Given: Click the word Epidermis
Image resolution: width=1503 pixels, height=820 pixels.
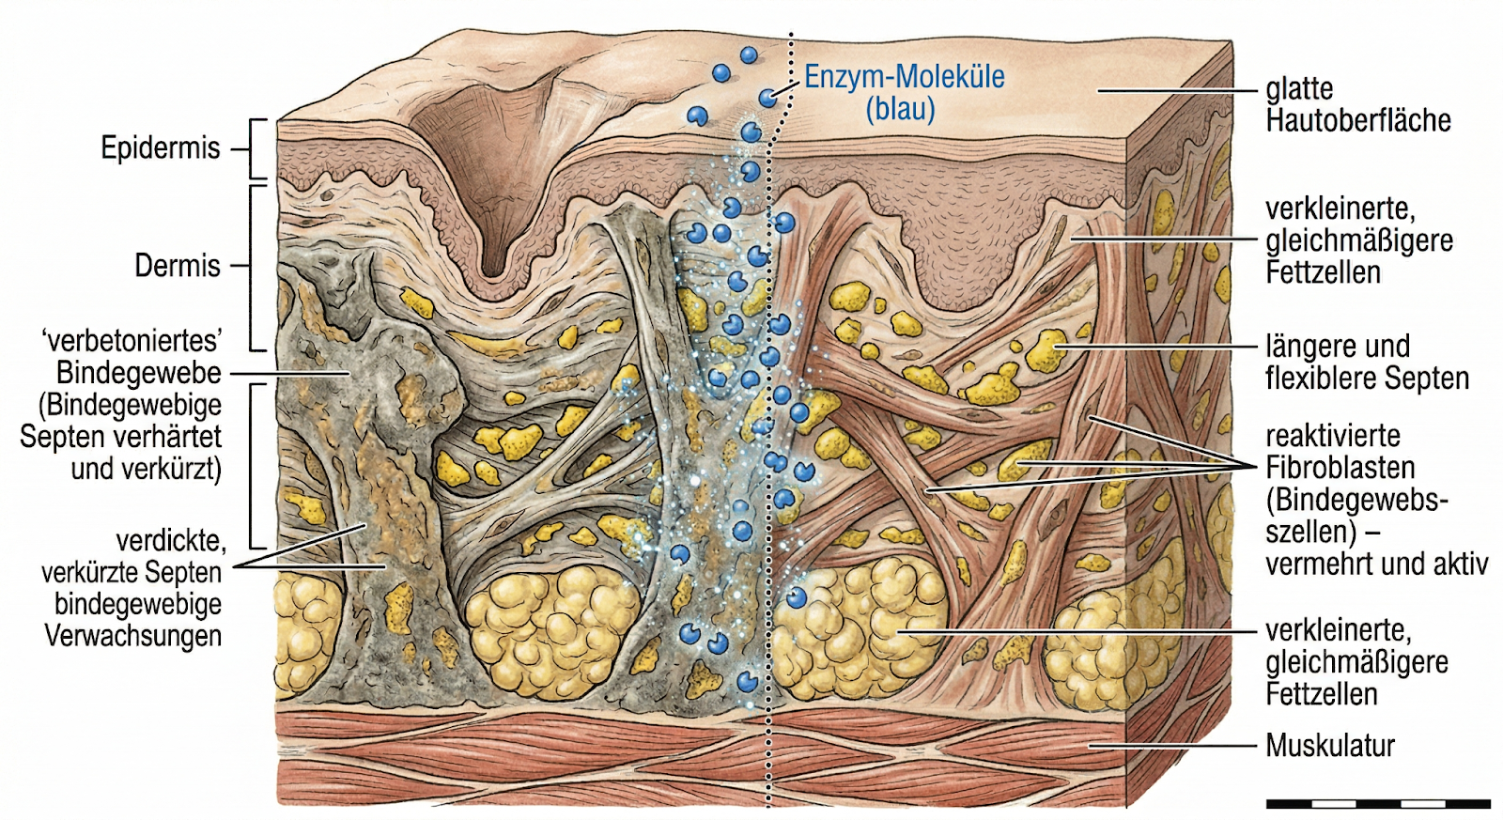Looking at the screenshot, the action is pos(160,148).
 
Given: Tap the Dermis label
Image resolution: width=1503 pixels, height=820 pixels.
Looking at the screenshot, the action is pos(177,266).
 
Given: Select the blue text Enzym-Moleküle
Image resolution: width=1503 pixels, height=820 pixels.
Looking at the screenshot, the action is pos(904,77).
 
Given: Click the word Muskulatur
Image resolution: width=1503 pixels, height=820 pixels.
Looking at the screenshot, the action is pos(1330,746).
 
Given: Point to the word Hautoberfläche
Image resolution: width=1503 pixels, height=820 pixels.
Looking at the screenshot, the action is pos(1358,121).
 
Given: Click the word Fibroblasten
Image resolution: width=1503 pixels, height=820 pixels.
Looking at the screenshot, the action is pos(1340,468).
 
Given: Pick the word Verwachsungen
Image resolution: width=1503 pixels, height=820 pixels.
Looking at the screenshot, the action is pos(133,636).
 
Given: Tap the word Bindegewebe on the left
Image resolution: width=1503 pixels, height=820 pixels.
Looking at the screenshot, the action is pos(139,373).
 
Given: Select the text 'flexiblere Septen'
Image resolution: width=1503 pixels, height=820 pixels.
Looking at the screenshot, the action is pos(1367,379).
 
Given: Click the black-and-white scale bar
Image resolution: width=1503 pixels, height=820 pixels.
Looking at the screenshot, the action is pos(1377,804).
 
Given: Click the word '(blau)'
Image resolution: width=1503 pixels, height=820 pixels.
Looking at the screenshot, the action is pos(900,109).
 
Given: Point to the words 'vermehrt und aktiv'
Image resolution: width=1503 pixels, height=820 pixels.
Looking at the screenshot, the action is pos(1376,564).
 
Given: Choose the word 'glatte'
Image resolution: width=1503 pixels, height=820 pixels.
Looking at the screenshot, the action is pos(1299,89).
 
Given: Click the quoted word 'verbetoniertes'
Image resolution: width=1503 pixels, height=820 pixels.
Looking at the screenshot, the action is pos(132,340).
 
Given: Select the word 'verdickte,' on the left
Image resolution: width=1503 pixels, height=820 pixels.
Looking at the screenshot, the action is pos(171,541).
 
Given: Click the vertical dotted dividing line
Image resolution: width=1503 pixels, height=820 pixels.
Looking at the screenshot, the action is pos(770,470).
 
